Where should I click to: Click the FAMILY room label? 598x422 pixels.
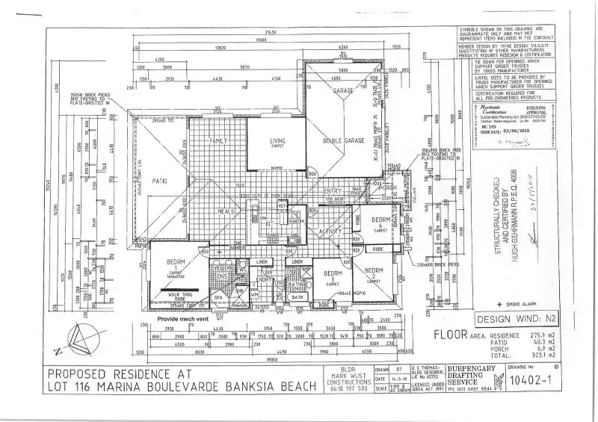218,140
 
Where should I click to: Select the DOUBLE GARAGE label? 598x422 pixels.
343,141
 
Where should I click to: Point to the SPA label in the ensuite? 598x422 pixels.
218,298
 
